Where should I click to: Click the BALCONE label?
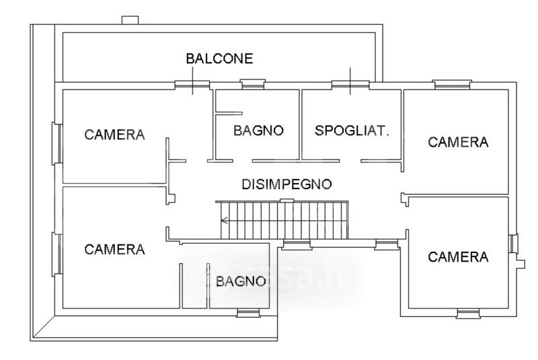point(219,59)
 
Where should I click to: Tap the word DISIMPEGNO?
point(287,184)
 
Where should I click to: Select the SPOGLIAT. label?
point(352,131)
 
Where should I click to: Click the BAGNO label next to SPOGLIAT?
point(259,131)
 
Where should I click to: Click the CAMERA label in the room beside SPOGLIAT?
point(458,142)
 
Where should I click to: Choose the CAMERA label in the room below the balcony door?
point(114,134)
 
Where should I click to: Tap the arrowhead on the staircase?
point(225,219)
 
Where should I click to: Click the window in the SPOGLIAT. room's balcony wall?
point(350,84)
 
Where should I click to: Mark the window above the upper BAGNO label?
point(254,85)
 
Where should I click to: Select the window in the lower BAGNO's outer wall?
point(247,313)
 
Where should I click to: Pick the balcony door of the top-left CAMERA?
point(192,85)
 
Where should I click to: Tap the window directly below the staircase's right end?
point(386,245)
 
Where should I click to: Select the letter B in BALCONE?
point(190,59)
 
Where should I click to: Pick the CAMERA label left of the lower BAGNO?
point(114,250)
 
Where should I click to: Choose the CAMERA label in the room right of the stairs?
point(458,256)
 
